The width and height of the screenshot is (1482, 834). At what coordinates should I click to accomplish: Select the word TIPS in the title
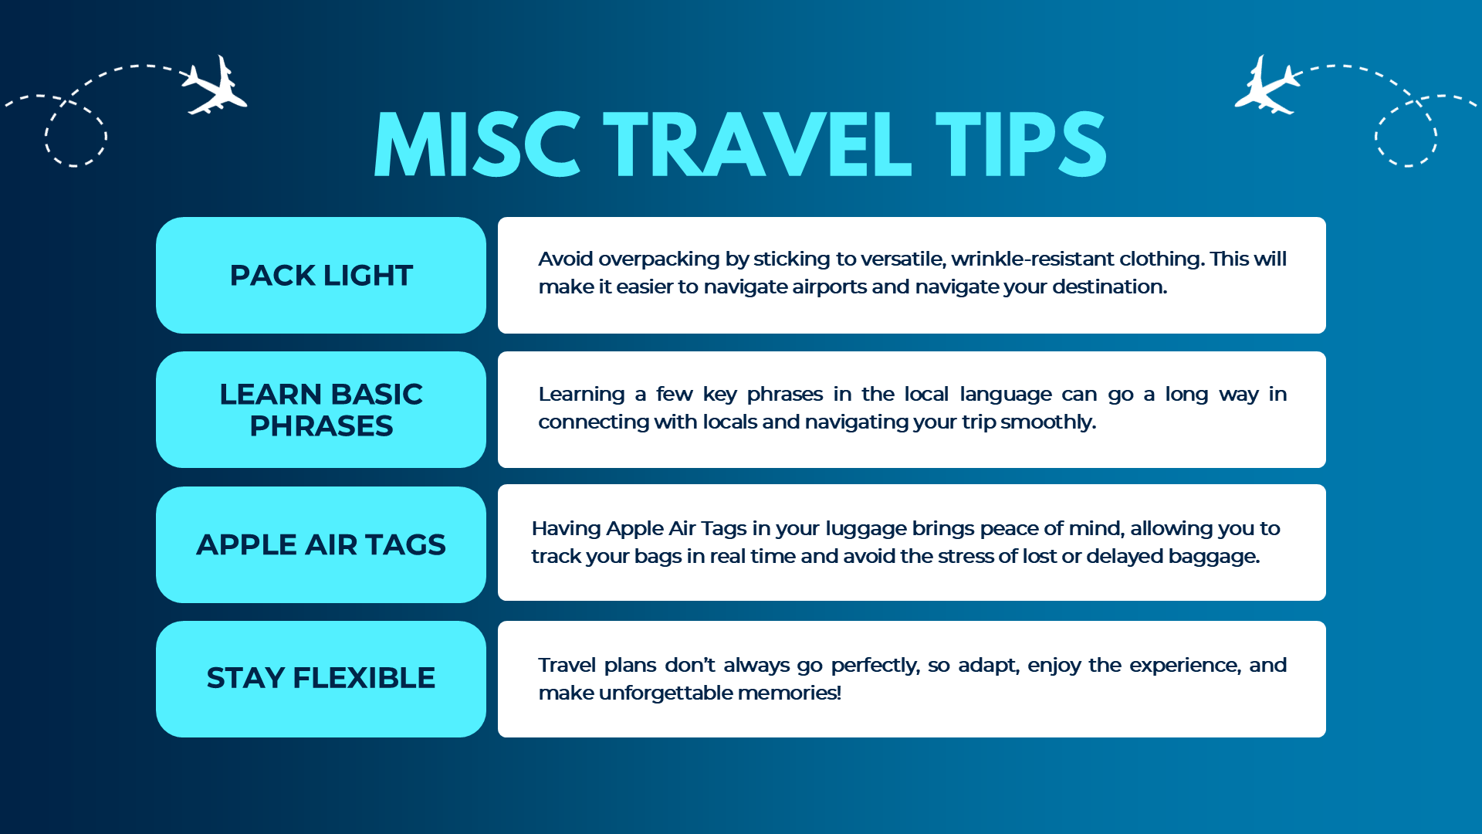pos(1021,144)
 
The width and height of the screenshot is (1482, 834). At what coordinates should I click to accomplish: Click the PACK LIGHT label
pos(321,276)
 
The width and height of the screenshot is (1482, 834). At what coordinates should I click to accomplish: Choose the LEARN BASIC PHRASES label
pos(321,410)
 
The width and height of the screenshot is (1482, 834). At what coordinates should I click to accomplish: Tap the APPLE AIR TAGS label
pos(321,544)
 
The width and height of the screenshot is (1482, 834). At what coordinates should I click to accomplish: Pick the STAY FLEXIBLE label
pos(321,678)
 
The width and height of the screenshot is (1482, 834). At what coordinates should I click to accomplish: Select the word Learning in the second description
pos(581,395)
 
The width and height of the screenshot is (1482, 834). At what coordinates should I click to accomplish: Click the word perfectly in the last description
pos(875,666)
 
